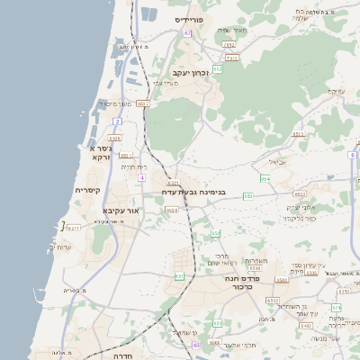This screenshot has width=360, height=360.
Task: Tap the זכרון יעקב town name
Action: pyautogui.click(x=191, y=72)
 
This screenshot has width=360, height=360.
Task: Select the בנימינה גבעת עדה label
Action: pyautogui.click(x=193, y=192)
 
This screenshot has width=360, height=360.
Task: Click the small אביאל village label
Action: pyautogui.click(x=278, y=162)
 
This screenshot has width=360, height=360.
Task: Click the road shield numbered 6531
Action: pyautogui.click(x=75, y=228)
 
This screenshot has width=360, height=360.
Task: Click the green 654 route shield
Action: pyautogui.click(x=265, y=180)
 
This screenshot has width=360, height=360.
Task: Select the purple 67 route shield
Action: pyautogui.click(x=187, y=32)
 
